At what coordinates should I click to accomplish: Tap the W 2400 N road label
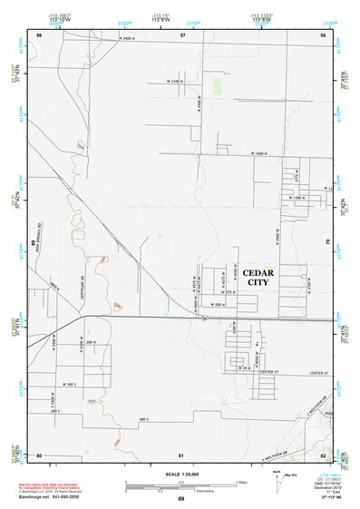click(x=133, y=38)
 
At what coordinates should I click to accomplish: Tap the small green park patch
click(x=217, y=86)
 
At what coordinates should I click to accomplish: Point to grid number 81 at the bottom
click(x=181, y=454)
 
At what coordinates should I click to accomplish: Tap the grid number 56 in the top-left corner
click(x=39, y=34)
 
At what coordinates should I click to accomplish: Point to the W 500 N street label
click(x=219, y=305)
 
